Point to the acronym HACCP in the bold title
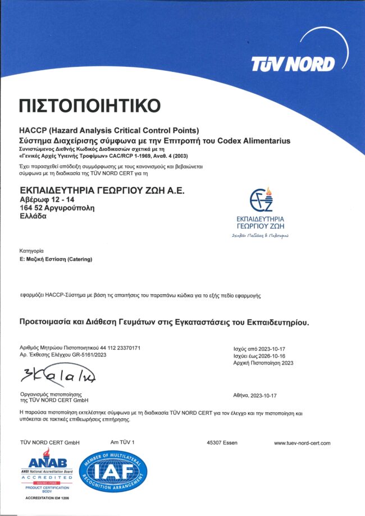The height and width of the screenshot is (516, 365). click(33, 131)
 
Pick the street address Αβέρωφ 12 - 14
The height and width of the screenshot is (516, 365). click(48, 200)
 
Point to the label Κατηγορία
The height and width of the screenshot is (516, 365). click(31, 249)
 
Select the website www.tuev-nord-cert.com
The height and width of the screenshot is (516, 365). click(302, 443)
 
